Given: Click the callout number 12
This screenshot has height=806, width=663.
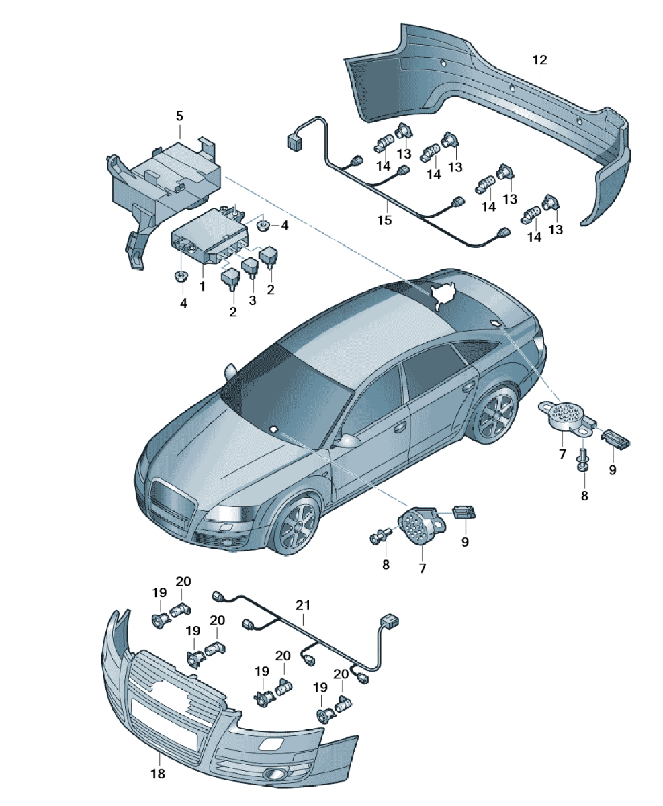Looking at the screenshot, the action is coord(539,60).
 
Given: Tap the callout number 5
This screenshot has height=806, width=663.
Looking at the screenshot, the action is coord(179,116).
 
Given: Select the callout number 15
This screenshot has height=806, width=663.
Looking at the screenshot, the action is coord(385,220).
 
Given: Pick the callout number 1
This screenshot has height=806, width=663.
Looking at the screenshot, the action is coord(202,286).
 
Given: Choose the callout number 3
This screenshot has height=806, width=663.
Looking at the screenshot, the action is coord(252,300).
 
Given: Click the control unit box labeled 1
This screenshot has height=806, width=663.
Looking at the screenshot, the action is coord(209,235).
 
